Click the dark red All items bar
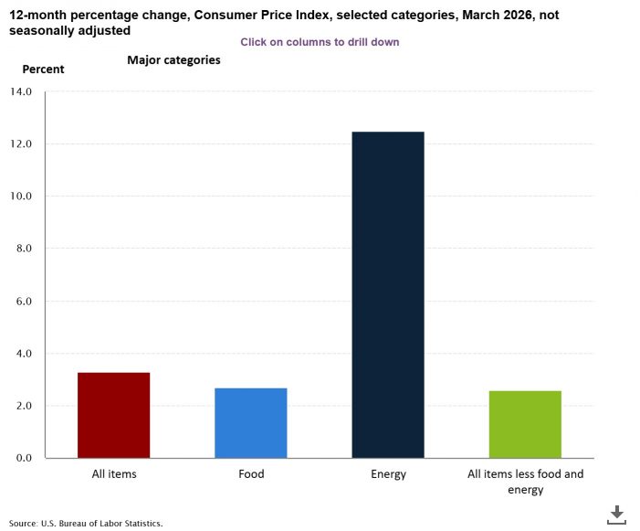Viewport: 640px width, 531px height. pos(114,415)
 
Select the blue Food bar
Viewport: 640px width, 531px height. pos(251,422)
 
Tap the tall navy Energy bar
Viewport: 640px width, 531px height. pos(388,294)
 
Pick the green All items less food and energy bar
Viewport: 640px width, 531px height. pos(525,424)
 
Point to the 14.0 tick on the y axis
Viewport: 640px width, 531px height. pos(20,92)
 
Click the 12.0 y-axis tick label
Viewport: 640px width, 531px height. pos(20,144)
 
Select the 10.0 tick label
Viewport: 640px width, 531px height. pos(20,196)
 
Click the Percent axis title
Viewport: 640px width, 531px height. pos(43,69)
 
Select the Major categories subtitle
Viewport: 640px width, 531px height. pos(173,60)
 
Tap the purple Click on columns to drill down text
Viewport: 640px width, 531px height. pos(320,42)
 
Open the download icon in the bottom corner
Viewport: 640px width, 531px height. pos(617,514)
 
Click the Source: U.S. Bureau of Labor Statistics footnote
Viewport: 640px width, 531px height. pos(86,524)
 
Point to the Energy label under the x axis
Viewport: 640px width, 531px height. pos(388,474)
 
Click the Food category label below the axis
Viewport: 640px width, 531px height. pos(251,474)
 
